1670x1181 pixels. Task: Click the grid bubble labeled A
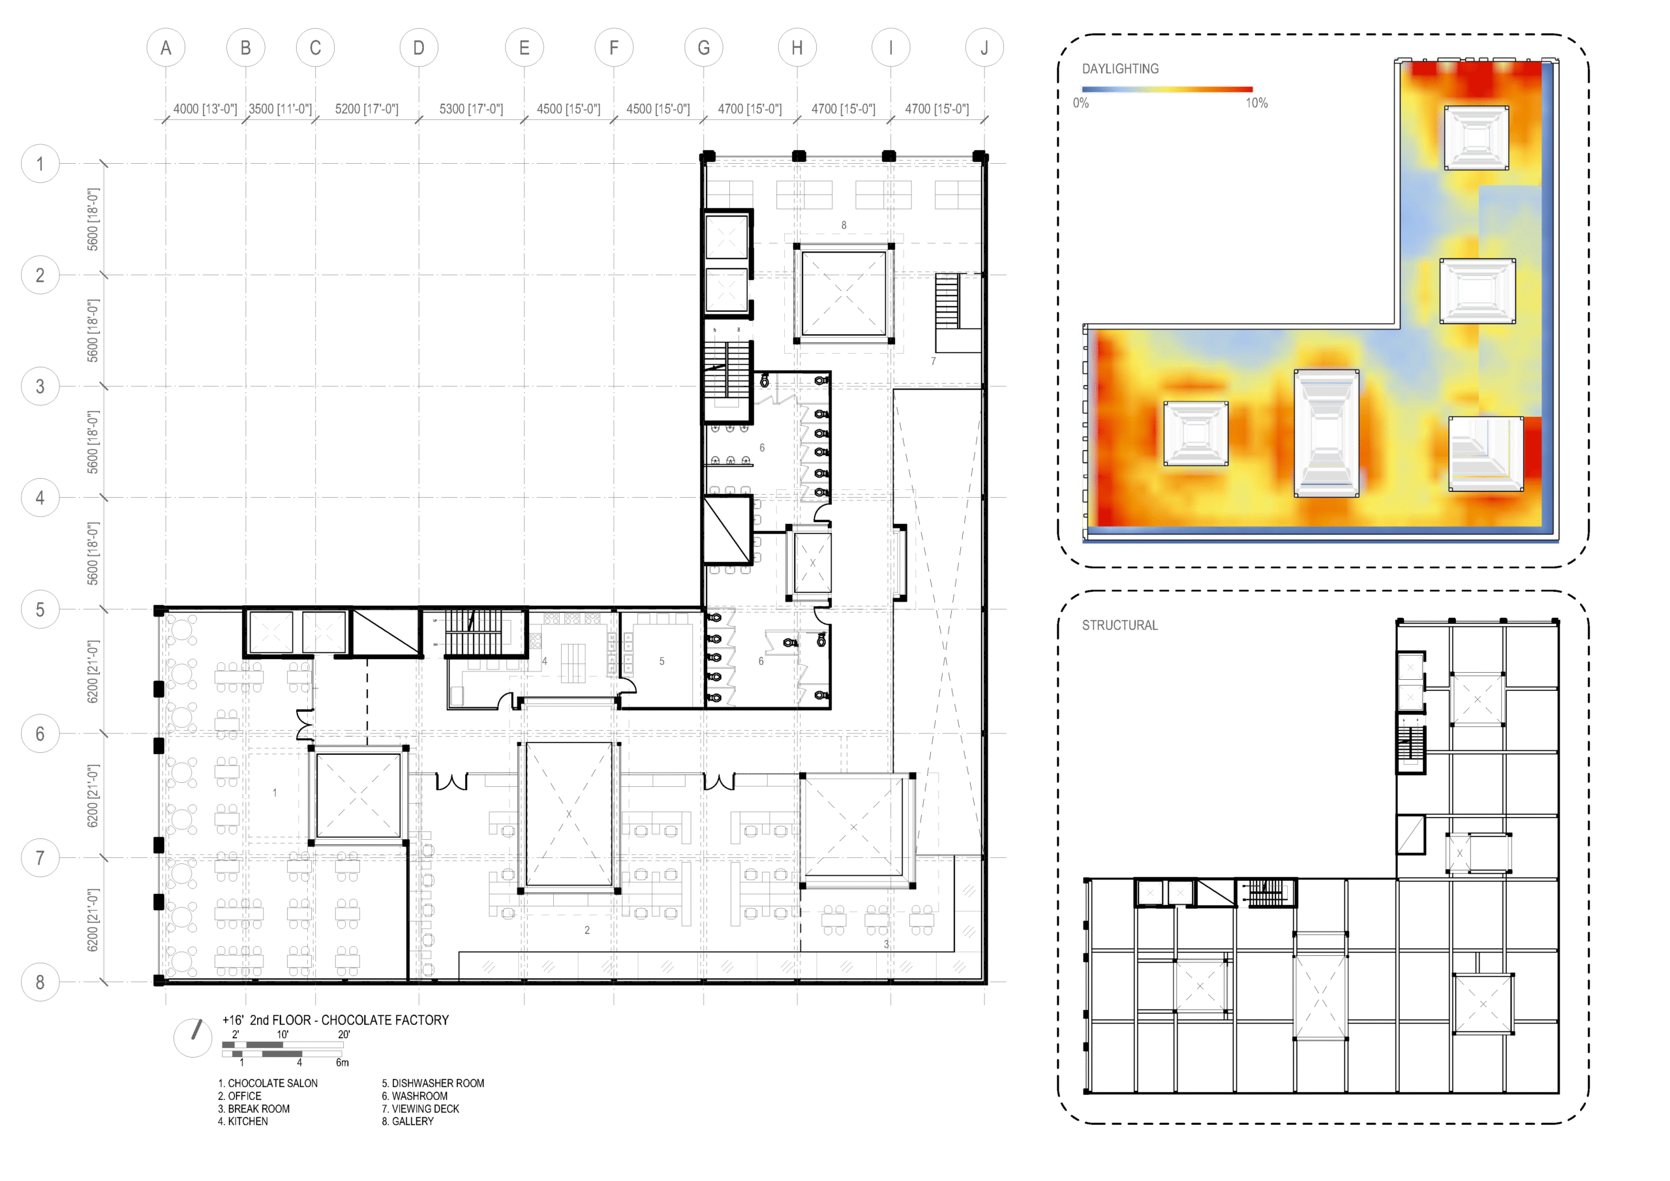[166, 48]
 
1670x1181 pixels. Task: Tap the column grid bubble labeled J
[984, 48]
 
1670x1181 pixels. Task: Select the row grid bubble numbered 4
[40, 498]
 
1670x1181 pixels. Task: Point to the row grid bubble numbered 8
[40, 983]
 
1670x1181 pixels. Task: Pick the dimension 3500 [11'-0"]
[280, 109]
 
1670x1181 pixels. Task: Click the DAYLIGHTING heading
[1120, 69]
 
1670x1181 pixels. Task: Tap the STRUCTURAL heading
[1119, 625]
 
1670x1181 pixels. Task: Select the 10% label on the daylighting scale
[1256, 103]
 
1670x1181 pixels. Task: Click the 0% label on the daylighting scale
[1081, 103]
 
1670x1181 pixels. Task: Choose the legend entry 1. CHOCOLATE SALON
[267, 1084]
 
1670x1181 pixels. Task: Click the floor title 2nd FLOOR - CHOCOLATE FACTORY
[349, 1020]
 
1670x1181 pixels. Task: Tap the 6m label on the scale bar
[342, 1062]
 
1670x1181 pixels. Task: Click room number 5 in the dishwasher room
[662, 662]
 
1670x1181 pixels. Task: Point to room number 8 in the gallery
[843, 226]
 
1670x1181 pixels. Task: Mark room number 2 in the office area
[587, 930]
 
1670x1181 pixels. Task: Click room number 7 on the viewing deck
[934, 361]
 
